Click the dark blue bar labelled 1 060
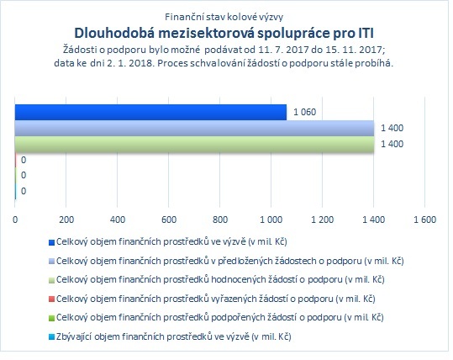(x=150, y=112)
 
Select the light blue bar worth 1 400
(x=194, y=128)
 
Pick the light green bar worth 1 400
(x=194, y=144)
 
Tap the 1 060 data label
(x=305, y=112)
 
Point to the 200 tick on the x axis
(x=66, y=220)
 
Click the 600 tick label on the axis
(x=169, y=220)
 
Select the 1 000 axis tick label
(x=271, y=220)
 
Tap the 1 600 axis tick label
(x=425, y=220)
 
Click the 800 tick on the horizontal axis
(x=220, y=220)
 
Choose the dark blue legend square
(x=51, y=242)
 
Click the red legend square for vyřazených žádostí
(x=51, y=299)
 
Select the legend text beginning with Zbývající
(x=174, y=336)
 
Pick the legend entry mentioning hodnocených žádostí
(x=220, y=279)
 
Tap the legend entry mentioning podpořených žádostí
(x=220, y=317)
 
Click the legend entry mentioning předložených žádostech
(x=230, y=261)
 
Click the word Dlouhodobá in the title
(x=114, y=33)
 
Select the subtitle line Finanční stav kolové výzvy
(x=224, y=17)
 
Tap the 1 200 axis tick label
(x=323, y=220)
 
